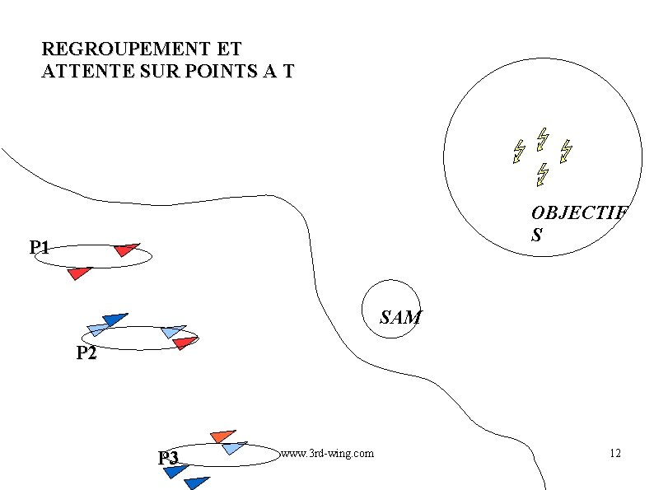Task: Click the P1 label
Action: tap(40, 247)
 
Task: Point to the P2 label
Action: tap(86, 354)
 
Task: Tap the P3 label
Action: tap(169, 458)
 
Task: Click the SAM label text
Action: tap(400, 317)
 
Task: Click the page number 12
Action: tap(614, 453)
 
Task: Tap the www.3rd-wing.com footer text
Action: tap(327, 453)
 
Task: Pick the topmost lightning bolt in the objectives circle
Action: tap(542, 138)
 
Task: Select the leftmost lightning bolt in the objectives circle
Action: tap(519, 151)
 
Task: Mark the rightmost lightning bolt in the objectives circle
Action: tap(566, 151)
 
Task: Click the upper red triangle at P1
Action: tap(126, 249)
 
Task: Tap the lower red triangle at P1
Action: tap(79, 272)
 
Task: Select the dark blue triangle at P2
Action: tap(114, 318)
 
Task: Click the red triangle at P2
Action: tap(185, 342)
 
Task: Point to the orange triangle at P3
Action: tap(222, 435)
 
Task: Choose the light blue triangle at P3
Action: tap(234, 448)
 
